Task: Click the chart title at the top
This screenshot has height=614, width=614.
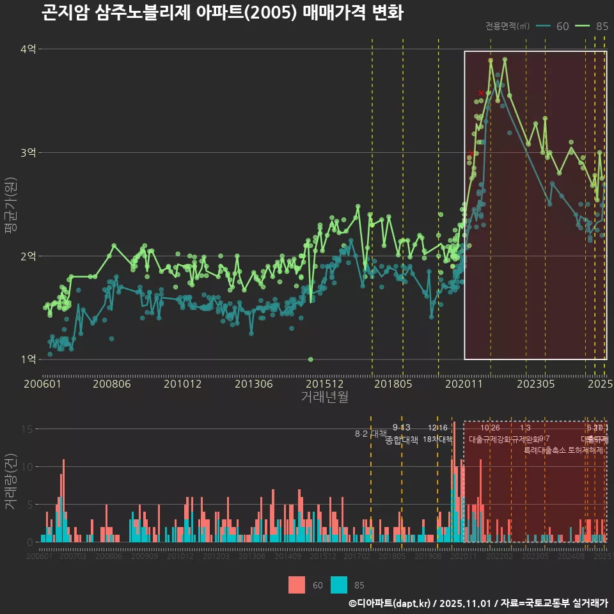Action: coord(222,13)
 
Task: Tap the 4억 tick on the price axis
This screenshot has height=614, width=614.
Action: coord(28,49)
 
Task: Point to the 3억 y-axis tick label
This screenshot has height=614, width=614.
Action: coord(28,153)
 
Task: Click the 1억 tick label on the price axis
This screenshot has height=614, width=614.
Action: coord(28,359)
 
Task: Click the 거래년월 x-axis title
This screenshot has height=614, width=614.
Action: coord(324,397)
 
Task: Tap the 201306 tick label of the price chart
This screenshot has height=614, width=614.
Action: coord(253,384)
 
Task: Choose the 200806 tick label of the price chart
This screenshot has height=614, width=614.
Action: coord(112,384)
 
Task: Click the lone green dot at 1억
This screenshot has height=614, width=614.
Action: coord(310,359)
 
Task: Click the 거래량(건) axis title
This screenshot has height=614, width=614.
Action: coord(10,482)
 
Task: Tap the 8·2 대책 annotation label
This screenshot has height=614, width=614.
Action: coord(371,434)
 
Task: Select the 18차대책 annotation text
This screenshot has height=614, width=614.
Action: coord(437,439)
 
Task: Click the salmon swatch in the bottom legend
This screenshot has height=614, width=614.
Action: coord(297,585)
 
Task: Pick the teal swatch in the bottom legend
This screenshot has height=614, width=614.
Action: coord(339,585)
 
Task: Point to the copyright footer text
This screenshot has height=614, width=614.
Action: coord(478,603)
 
